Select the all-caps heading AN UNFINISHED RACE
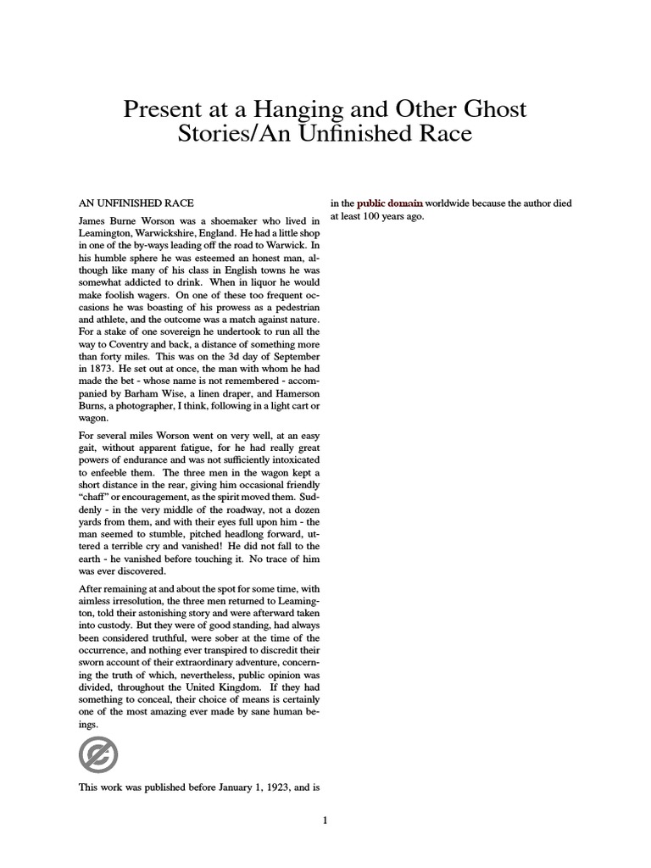[x=136, y=203]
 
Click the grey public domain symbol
[x=97, y=754]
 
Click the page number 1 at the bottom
[x=325, y=820]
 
